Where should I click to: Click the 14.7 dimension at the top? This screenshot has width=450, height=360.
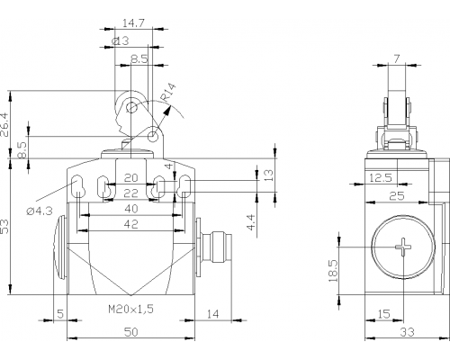pyautogui.click(x=133, y=23)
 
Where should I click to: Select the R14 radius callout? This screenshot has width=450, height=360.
pyautogui.click(x=168, y=92)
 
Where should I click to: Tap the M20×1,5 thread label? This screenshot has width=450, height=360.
pyautogui.click(x=130, y=309)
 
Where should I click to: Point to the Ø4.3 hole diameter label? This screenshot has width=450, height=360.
pyautogui.click(x=40, y=211)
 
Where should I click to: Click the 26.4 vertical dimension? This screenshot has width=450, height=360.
pyautogui.click(x=5, y=125)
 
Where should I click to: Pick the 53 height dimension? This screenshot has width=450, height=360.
pyautogui.click(x=5, y=227)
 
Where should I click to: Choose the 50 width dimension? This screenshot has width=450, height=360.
pyautogui.click(x=130, y=332)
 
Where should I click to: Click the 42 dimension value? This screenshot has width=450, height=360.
pyautogui.click(x=130, y=224)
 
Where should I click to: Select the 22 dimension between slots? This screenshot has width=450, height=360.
pyautogui.click(x=130, y=193)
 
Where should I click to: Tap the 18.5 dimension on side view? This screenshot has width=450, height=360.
pyautogui.click(x=333, y=271)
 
